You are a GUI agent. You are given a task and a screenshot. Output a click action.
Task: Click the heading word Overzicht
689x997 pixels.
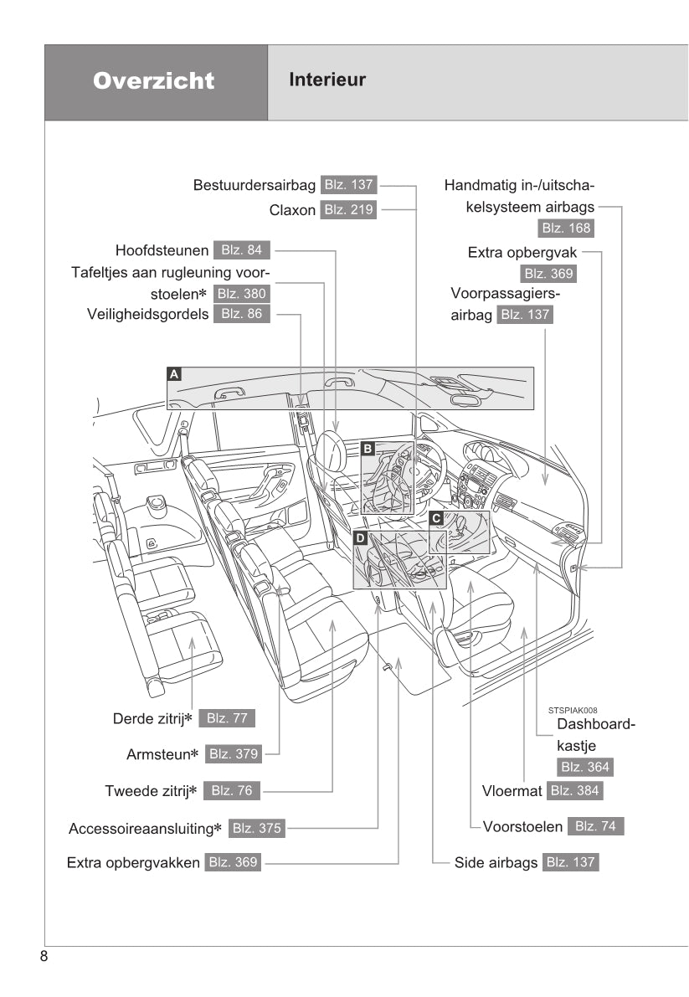pos(154,81)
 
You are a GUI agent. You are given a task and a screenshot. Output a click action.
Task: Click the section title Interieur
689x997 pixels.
pos(327,80)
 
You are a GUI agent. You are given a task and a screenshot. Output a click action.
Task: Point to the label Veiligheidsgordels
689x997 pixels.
pos(148,315)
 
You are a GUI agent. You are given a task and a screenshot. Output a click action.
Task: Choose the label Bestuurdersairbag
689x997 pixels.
pos(254,185)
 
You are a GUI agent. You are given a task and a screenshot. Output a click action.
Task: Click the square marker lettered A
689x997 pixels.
pos(173,374)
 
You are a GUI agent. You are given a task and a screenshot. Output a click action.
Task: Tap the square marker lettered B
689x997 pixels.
pos(367,450)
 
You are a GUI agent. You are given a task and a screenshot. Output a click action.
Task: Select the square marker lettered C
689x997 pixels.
pos(436,518)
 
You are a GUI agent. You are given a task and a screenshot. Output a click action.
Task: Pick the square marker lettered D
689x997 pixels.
pos(360,538)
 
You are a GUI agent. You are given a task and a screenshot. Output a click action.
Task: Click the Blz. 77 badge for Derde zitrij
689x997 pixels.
pos(226,718)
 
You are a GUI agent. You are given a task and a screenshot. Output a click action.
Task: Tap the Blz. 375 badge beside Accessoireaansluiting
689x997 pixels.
pos(256,829)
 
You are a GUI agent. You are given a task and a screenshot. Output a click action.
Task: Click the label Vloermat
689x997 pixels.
pos(512,791)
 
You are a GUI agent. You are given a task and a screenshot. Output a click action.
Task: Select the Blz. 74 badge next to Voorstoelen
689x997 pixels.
pos(595,826)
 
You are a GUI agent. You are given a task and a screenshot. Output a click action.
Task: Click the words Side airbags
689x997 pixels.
pos(496,862)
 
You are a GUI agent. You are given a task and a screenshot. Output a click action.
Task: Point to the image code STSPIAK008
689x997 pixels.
pos(573,709)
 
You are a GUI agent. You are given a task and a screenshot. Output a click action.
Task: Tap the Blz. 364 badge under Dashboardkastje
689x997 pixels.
pos(584,767)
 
